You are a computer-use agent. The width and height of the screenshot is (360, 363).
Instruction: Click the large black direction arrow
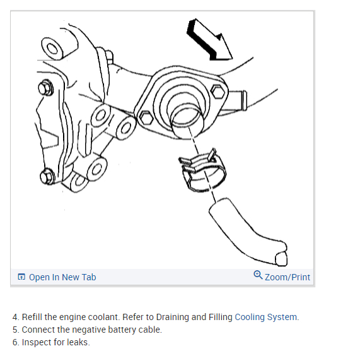pyautogui.click(x=209, y=41)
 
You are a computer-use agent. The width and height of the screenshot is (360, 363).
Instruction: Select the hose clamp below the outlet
pyautogui.click(x=202, y=171)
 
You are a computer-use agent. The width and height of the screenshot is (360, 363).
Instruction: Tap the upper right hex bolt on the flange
pyautogui.click(x=218, y=92)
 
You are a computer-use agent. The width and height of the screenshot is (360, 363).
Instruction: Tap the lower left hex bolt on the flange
pyautogui.click(x=146, y=117)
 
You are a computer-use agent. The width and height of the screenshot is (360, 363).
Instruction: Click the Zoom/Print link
pyautogui.click(x=287, y=277)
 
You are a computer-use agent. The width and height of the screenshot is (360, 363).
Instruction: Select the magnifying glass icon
pyautogui.click(x=258, y=275)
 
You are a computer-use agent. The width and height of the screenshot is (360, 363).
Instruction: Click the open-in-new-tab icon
pyautogui.click(x=21, y=277)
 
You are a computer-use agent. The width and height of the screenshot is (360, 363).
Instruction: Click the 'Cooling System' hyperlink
pyautogui.click(x=265, y=317)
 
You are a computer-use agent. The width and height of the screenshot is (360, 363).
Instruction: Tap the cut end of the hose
pyautogui.click(x=281, y=259)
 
